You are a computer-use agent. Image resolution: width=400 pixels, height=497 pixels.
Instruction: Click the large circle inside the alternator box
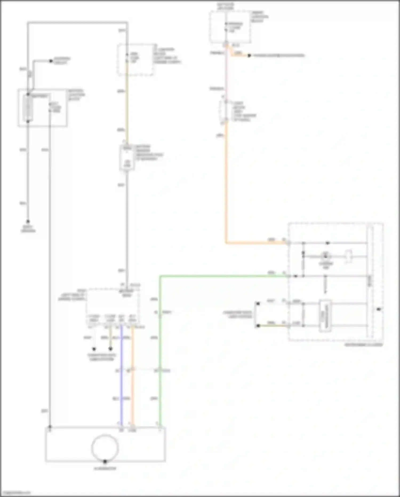[105, 448]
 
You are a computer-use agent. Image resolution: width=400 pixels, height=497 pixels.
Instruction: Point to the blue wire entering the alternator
[122, 387]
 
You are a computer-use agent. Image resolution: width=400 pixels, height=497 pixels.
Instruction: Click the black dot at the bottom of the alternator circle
[105, 461]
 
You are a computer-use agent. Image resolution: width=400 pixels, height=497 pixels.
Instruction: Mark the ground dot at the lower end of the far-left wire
[28, 221]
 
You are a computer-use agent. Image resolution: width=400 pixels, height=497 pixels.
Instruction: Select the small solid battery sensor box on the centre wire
[127, 158]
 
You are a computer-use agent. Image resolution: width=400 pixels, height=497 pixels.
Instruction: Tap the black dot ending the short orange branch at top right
[249, 56]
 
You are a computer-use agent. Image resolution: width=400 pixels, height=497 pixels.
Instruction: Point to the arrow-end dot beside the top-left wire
[51, 61]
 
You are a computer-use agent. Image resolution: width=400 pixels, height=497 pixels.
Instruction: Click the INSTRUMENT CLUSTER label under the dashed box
[363, 345]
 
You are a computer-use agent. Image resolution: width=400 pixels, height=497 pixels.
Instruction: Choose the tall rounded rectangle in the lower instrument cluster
[325, 316]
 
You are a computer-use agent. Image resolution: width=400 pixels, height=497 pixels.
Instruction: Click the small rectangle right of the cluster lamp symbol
[349, 256]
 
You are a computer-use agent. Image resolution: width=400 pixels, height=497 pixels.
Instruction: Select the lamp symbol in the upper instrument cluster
[325, 256]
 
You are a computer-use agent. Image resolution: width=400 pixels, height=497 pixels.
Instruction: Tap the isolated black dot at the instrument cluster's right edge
[378, 309]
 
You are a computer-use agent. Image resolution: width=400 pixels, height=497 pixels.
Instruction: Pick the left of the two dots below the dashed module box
[94, 349]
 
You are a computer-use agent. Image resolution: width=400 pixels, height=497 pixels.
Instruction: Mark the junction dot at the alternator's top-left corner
[50, 427]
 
